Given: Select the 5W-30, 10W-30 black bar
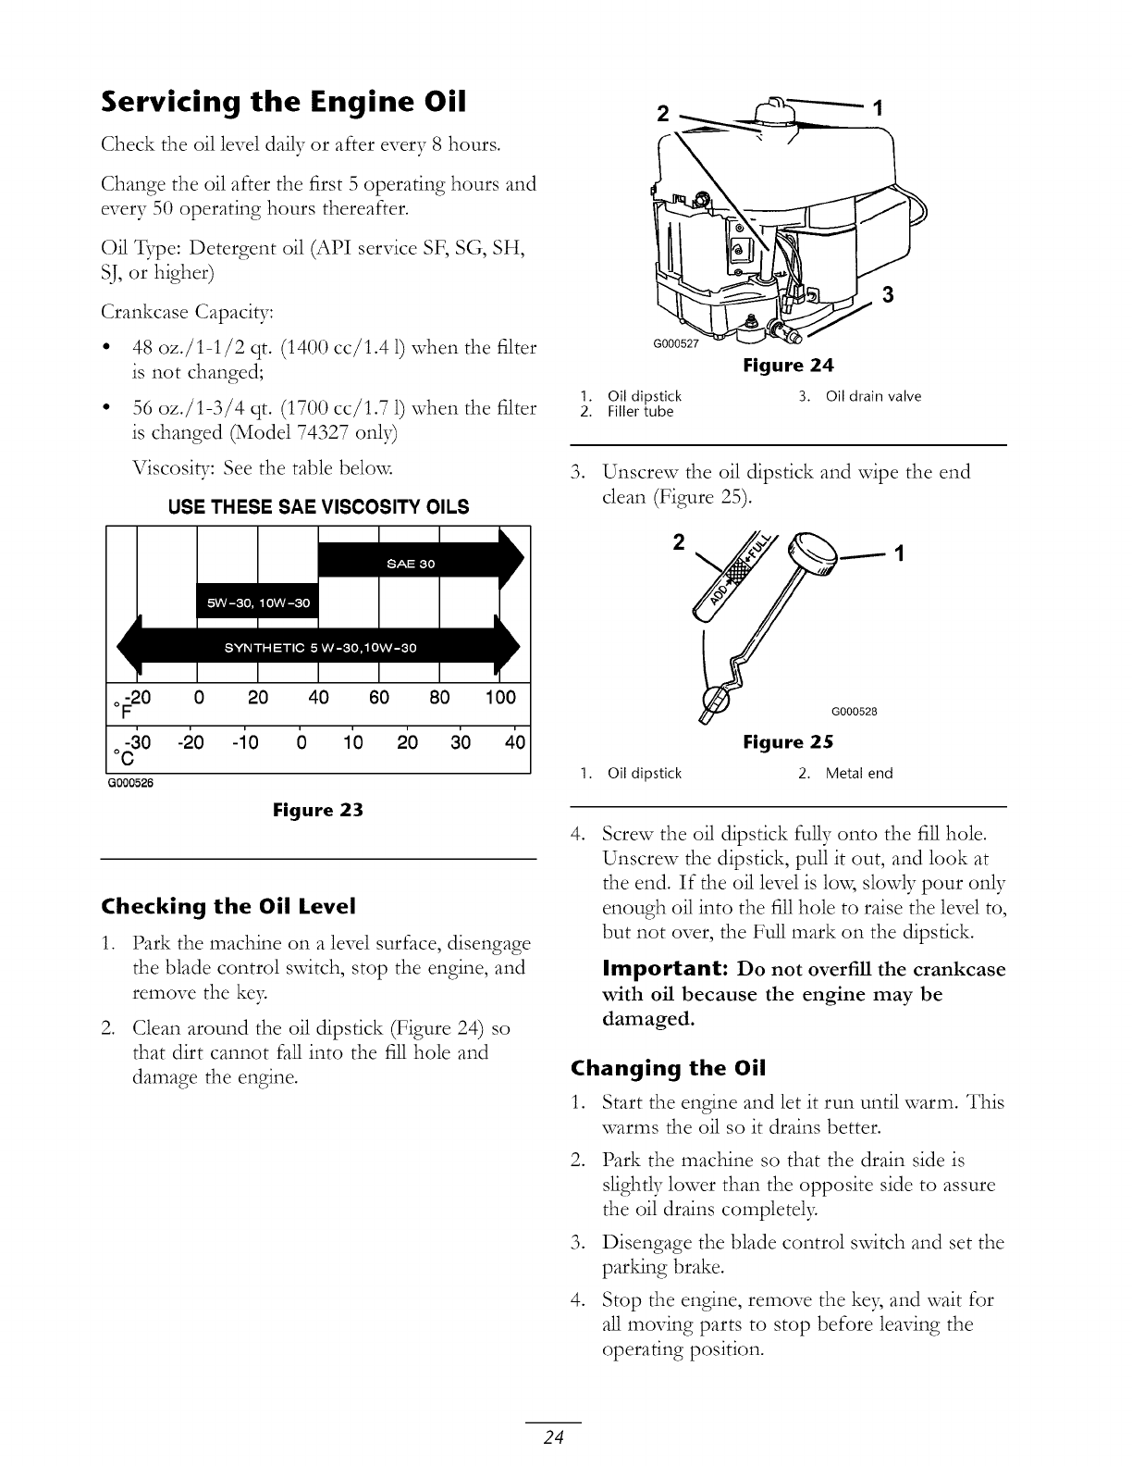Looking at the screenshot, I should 258,603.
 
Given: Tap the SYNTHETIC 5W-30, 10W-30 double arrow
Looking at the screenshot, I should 320,647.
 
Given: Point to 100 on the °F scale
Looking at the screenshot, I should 499,697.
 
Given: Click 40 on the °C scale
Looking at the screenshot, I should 515,742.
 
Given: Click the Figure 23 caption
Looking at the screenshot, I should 318,811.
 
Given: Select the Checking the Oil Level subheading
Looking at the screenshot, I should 228,905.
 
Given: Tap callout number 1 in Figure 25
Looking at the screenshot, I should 897,554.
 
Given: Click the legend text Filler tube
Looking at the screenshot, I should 640,412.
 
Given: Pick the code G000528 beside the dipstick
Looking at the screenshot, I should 854,712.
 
